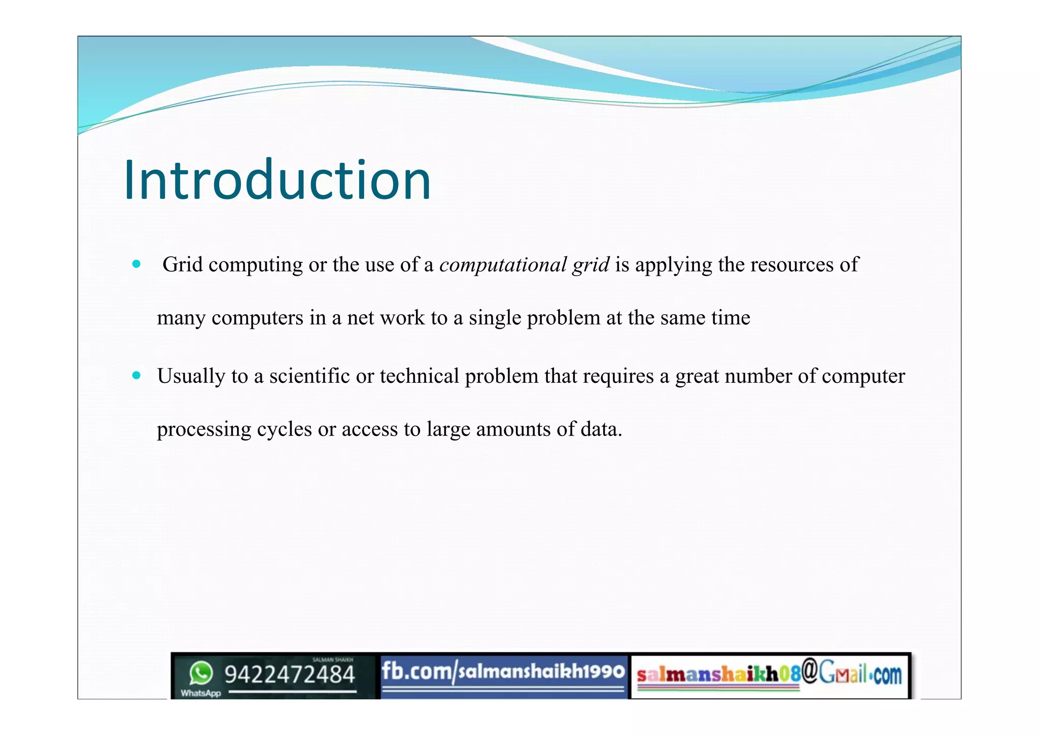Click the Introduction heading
click(277, 180)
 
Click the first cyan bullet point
click(136, 264)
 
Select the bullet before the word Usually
click(136, 376)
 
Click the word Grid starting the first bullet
click(182, 264)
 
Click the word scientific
click(309, 376)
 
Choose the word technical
click(419, 376)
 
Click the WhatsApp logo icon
click(201, 674)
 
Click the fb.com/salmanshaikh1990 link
click(503, 672)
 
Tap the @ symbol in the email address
click(810, 671)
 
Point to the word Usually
click(191, 376)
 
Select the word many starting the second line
click(181, 318)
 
